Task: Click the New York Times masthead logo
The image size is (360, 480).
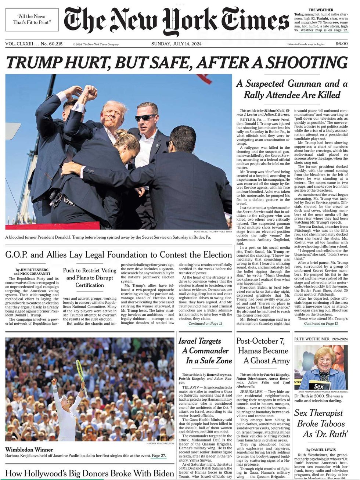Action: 176,21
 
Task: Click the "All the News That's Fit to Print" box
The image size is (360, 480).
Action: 32,19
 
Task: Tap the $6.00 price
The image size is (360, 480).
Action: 341,44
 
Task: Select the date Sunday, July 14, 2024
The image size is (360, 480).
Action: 176,44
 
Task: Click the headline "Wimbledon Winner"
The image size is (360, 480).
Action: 29,450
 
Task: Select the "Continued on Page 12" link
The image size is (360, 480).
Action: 205,324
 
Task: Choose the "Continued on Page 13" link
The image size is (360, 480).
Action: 321,324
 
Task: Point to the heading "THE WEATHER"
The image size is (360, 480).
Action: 321,10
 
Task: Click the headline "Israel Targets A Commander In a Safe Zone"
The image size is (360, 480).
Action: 205,351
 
